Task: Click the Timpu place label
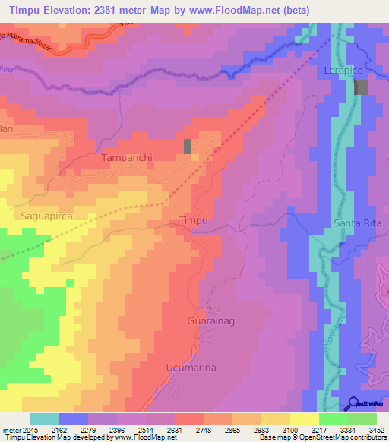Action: [193, 220]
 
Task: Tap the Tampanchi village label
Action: [127, 159]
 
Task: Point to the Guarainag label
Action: [209, 321]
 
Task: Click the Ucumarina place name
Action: [191, 368]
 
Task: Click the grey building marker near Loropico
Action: [360, 87]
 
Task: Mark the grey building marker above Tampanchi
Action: [188, 147]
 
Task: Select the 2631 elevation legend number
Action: [174, 430]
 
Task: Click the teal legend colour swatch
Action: [45, 418]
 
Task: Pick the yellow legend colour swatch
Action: [305, 418]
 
